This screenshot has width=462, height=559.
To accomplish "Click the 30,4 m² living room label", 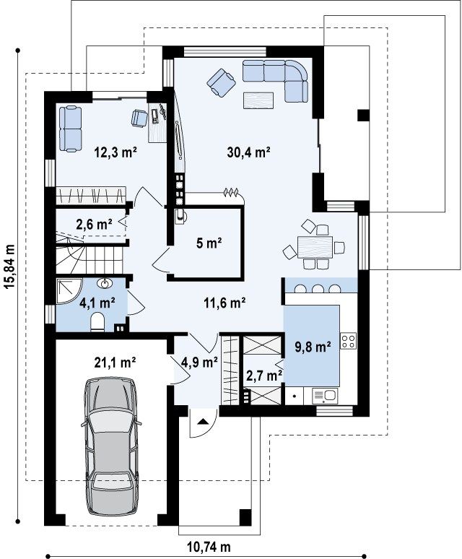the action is tap(248, 152).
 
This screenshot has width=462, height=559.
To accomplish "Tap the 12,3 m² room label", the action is tap(115, 152).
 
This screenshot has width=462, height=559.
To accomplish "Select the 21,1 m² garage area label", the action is tap(115, 363).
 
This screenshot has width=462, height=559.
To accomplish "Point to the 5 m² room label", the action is tap(209, 243).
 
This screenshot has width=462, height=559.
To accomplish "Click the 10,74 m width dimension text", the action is tap(209, 546).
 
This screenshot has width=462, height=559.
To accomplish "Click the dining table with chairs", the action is tap(315, 245).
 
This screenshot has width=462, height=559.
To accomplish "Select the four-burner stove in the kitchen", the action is tap(349, 340).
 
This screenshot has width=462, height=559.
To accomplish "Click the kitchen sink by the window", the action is tap(325, 396).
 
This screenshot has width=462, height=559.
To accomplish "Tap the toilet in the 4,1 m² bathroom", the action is tap(97, 321).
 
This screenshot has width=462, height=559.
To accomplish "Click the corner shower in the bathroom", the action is tap(69, 291).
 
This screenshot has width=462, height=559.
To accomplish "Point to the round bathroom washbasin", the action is tap(105, 283).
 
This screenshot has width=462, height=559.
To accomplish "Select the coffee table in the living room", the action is tap(258, 100).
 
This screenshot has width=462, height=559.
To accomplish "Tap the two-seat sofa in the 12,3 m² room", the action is tap(70, 129).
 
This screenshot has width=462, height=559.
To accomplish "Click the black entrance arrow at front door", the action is tap(203, 421).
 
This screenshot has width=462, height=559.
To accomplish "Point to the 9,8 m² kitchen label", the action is tap(313, 346).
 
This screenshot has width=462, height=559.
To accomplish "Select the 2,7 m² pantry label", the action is tap(264, 375).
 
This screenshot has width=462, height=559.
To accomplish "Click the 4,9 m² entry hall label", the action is tap(199, 363).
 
